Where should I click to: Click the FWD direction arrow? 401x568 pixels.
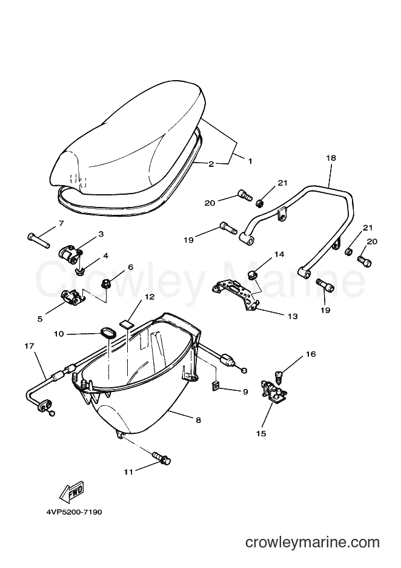click(72, 491)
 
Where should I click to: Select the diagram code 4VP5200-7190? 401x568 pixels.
click(74, 512)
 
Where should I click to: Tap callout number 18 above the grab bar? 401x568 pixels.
click(331, 158)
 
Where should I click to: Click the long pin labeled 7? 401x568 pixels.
click(38, 240)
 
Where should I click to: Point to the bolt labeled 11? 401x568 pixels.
click(161, 457)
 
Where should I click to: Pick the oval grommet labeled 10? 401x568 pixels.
click(107, 333)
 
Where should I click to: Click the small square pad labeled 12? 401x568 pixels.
click(125, 324)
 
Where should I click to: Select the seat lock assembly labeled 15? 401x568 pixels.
click(274, 392)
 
